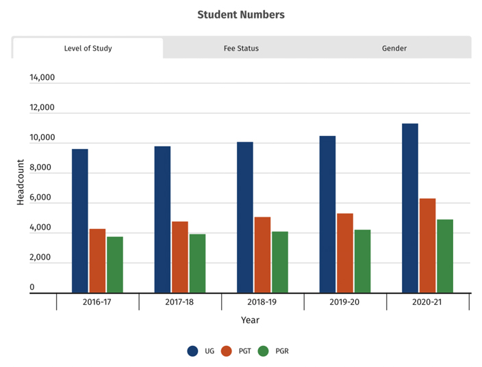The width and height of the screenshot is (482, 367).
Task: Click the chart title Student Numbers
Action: [x=241, y=14]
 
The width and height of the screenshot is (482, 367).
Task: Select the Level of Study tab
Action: [x=88, y=49]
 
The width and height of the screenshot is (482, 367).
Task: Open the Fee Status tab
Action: [x=241, y=49]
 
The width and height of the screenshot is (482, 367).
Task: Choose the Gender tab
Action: [x=394, y=49]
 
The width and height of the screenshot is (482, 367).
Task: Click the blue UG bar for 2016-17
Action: [x=80, y=221]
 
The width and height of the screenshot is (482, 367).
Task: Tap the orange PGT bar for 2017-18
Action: [x=180, y=257]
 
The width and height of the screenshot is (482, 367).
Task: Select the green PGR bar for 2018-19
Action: [x=280, y=262]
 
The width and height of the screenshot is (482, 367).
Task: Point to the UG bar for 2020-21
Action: [x=410, y=208]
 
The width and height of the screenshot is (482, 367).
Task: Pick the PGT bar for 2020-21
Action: [x=427, y=245]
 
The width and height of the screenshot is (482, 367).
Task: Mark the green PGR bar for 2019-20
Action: [x=362, y=261]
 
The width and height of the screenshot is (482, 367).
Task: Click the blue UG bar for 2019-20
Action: [x=327, y=215]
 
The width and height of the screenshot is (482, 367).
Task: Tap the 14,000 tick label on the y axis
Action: [x=42, y=78]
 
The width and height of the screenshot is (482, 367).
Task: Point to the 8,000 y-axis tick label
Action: [x=42, y=167]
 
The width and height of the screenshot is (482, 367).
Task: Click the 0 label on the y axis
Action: [x=31, y=288]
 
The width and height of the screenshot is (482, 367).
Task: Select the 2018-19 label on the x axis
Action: [x=263, y=301]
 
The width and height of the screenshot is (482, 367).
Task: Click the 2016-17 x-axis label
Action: [x=98, y=301]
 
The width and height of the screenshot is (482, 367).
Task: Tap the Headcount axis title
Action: [x=21, y=182]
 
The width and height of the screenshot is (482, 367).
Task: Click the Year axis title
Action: [x=250, y=320]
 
